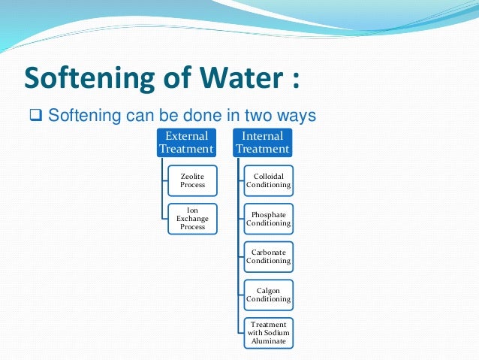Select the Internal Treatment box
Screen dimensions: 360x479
click(261, 142)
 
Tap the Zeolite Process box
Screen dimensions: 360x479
click(193, 180)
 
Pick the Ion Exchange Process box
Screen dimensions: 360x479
click(193, 218)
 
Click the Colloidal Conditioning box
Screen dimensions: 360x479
click(268, 180)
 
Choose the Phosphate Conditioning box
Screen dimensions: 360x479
click(268, 218)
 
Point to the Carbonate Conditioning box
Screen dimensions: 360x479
click(268, 256)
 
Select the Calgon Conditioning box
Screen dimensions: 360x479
click(268, 295)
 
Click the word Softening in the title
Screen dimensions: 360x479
click(83, 78)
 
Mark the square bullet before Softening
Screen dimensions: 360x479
click(35, 116)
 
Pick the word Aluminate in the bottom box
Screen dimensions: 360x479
click(268, 341)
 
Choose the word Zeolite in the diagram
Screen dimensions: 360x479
click(193, 176)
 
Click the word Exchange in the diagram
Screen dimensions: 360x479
click(193, 218)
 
